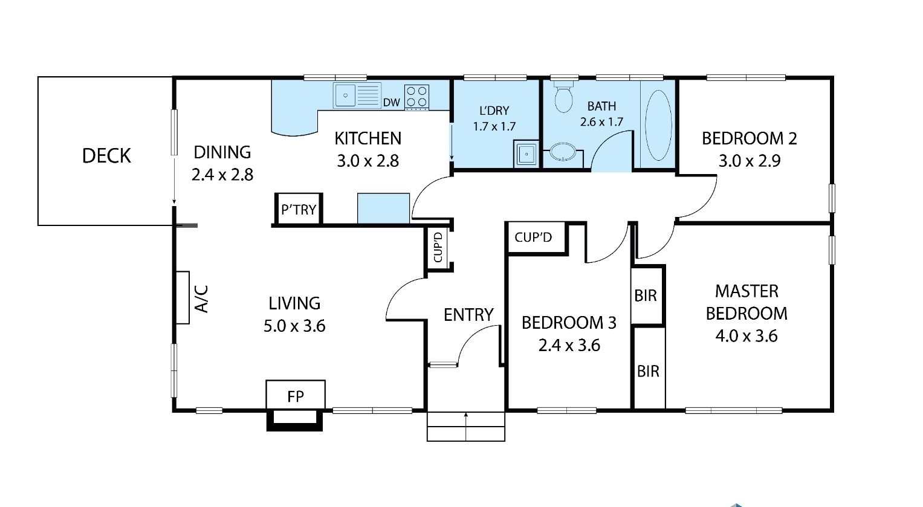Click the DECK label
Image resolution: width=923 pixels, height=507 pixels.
pos(106,156)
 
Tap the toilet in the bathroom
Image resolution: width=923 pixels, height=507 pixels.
pos(563,97)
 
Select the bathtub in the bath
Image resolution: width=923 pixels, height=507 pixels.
pos(658,125)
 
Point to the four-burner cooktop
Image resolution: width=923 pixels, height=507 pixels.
pos(416,97)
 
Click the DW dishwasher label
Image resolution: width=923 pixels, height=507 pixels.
pos(392,103)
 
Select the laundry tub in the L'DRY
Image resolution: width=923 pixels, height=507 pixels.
pos(526,154)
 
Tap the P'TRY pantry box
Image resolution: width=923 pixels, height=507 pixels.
pos(299,209)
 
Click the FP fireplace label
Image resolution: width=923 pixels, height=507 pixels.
pos(296,396)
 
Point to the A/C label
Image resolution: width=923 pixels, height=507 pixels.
pos(201,299)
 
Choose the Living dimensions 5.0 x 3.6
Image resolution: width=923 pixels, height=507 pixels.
pos(294,326)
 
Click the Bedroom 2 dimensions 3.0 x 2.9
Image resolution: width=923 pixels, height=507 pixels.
pos(750,161)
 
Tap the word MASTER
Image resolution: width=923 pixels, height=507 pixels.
pos(746,291)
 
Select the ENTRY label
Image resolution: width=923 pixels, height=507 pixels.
pos(468,315)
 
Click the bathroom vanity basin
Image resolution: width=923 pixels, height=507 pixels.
pos(563,152)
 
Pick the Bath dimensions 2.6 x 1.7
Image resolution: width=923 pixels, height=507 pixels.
pos(601,122)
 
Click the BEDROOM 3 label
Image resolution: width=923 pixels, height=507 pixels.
pos(569,323)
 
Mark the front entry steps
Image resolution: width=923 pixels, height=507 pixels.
pos(465,426)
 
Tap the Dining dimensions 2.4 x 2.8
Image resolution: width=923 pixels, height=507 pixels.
pos(222,175)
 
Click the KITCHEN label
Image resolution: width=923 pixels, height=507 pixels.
pos(368,138)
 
